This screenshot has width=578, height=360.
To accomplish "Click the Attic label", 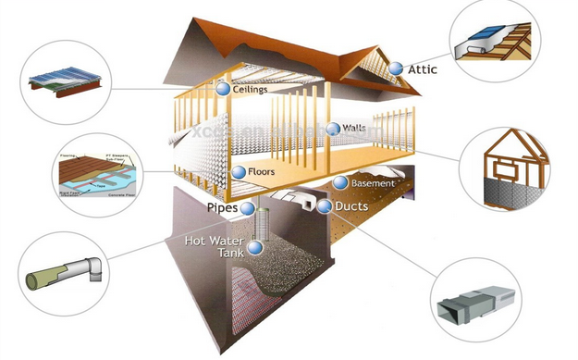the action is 423,69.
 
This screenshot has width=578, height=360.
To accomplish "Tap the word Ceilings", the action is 252,91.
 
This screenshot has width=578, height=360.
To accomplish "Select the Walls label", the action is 354,128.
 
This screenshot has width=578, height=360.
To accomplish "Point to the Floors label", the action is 266,172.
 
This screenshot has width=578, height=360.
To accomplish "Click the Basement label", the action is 374,183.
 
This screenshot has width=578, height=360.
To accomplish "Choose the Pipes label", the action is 223,208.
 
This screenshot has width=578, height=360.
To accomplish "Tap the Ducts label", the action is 352,205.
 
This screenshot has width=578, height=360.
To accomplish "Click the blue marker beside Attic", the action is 395,68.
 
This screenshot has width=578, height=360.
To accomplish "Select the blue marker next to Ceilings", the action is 222,90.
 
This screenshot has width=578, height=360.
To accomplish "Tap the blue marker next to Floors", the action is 239,172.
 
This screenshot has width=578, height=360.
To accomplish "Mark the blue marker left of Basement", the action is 341,183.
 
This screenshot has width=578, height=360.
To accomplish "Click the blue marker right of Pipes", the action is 248,208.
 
